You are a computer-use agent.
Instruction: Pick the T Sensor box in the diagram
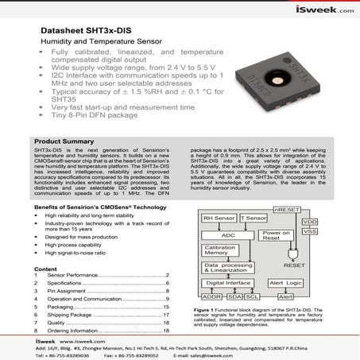[x=254, y=216]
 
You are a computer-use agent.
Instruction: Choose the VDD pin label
[x=309, y=221]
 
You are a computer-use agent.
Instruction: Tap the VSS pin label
[x=309, y=231]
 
